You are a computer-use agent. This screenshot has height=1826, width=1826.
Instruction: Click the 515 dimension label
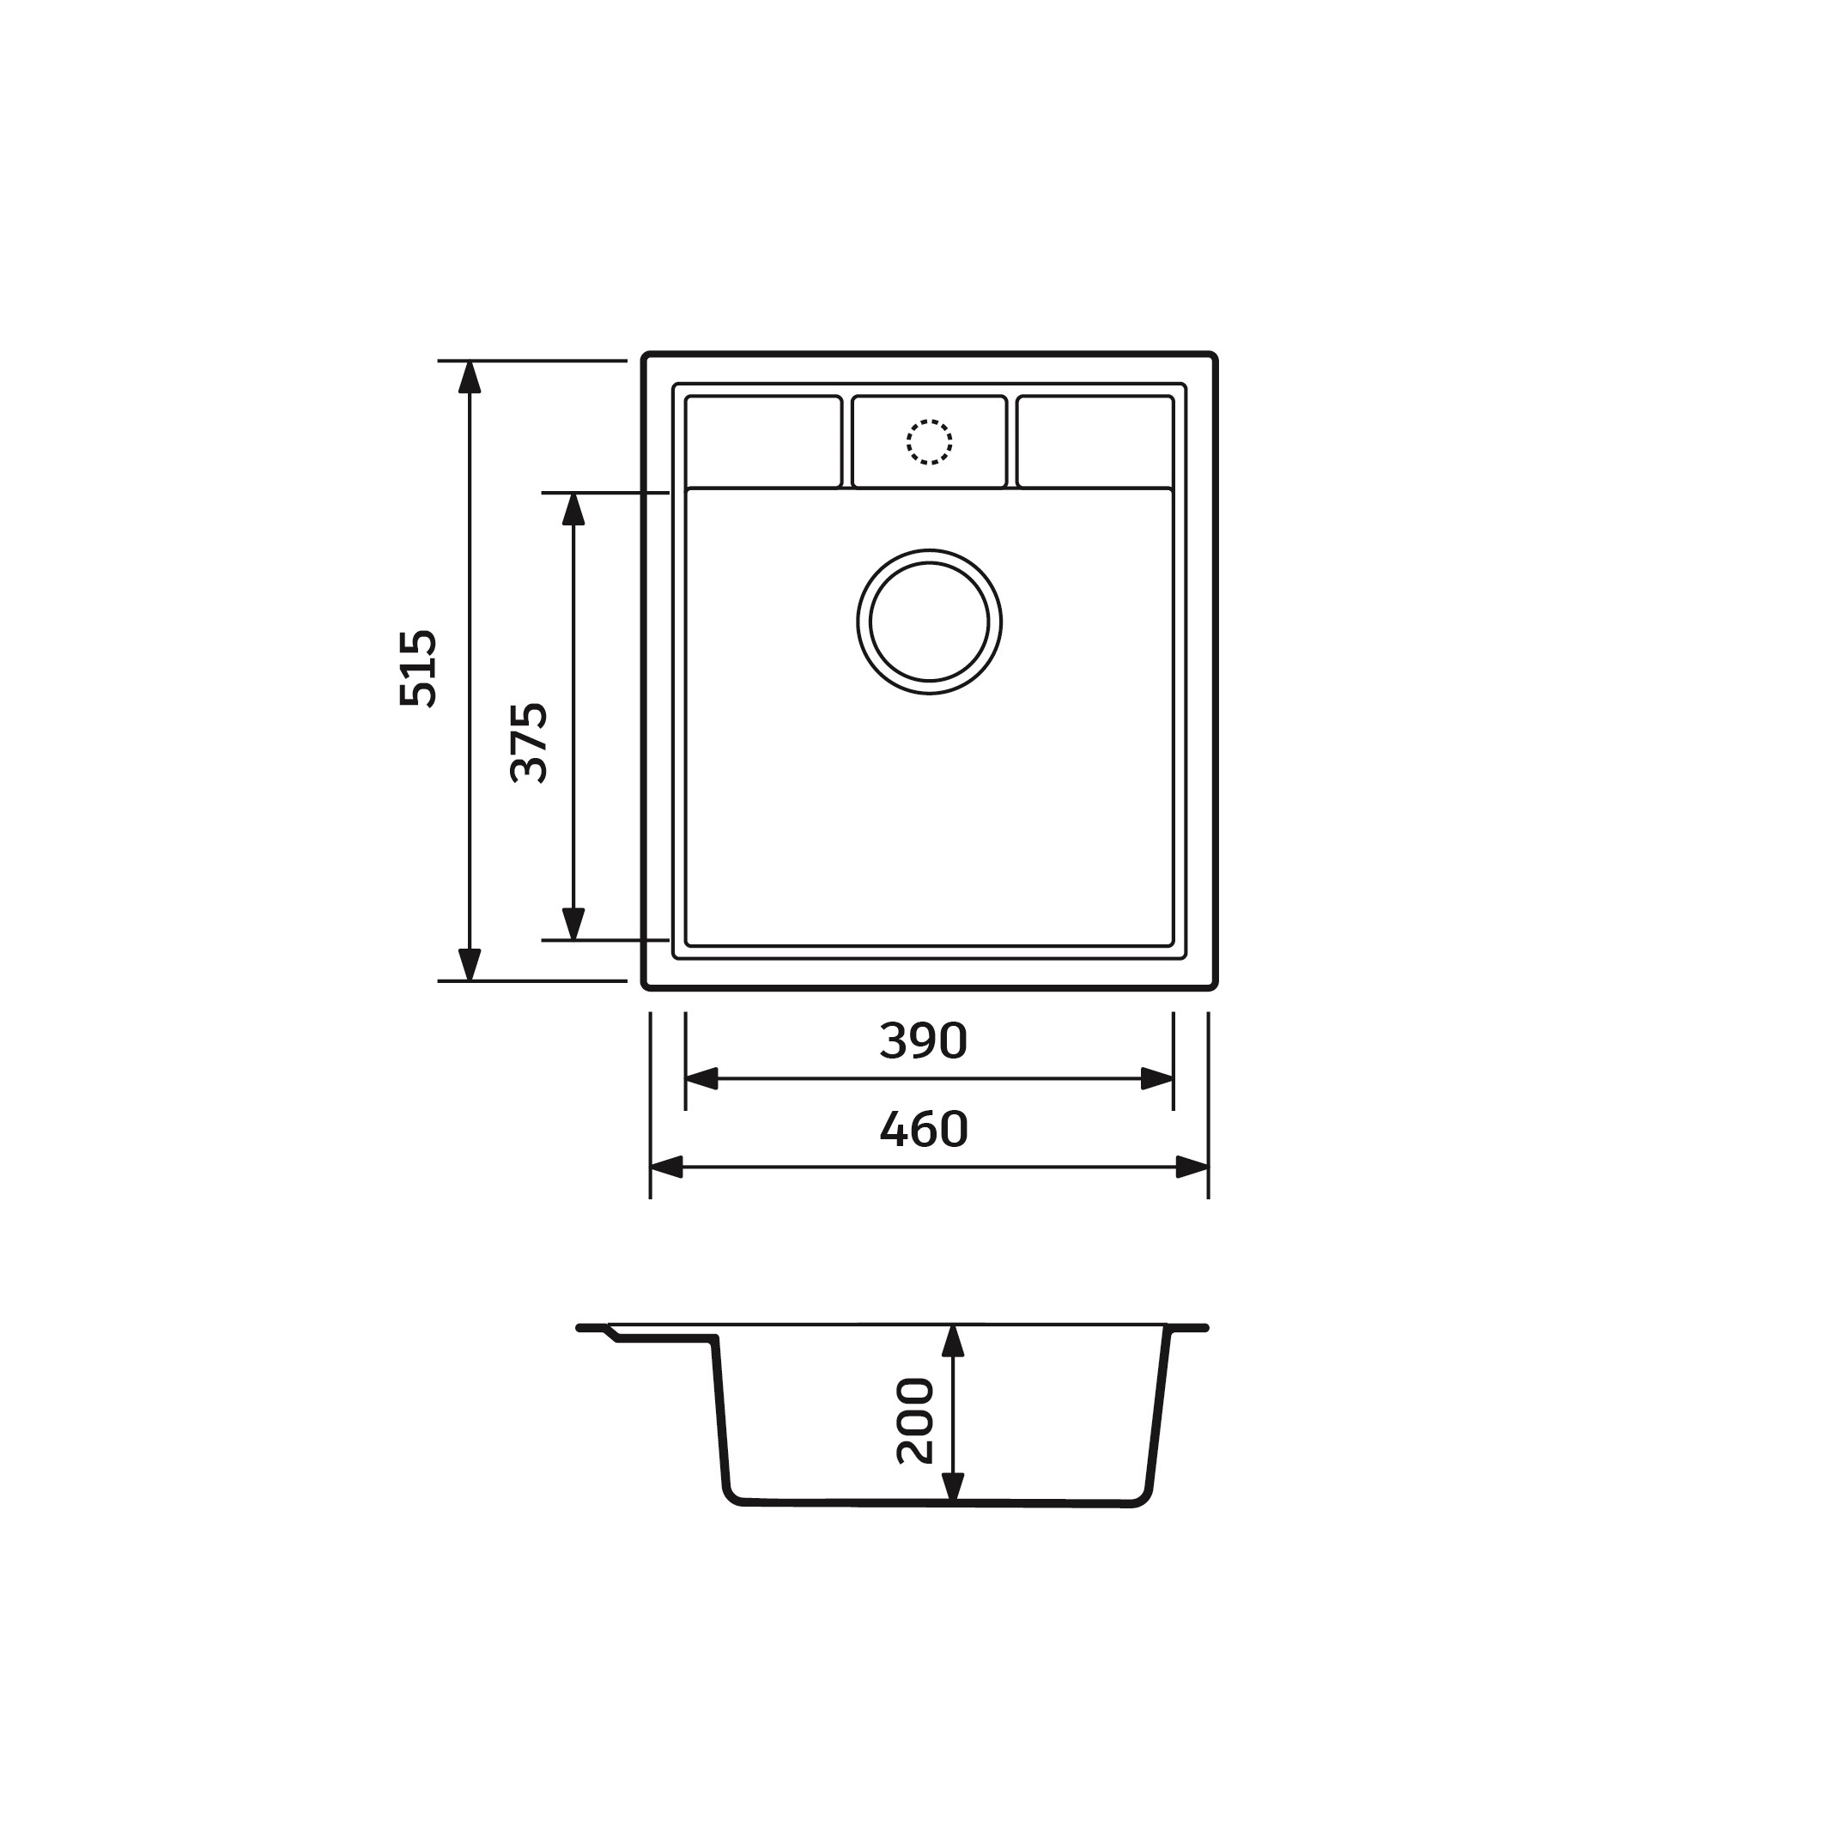coord(419,668)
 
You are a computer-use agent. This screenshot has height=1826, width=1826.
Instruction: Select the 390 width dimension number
coord(924,1040)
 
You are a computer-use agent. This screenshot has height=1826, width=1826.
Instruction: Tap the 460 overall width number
coord(924,1130)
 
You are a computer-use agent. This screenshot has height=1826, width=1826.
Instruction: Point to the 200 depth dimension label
coord(915,1422)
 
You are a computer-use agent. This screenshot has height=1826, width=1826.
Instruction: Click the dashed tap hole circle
coord(929,442)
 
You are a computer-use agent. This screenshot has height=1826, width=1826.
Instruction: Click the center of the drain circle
coord(929,622)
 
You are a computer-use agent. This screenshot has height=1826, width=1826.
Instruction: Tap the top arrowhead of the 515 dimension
coord(470,377)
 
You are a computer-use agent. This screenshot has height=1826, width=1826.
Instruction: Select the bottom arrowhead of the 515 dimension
coord(470,964)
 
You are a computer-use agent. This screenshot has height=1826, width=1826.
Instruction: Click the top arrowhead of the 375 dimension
coord(573,509)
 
